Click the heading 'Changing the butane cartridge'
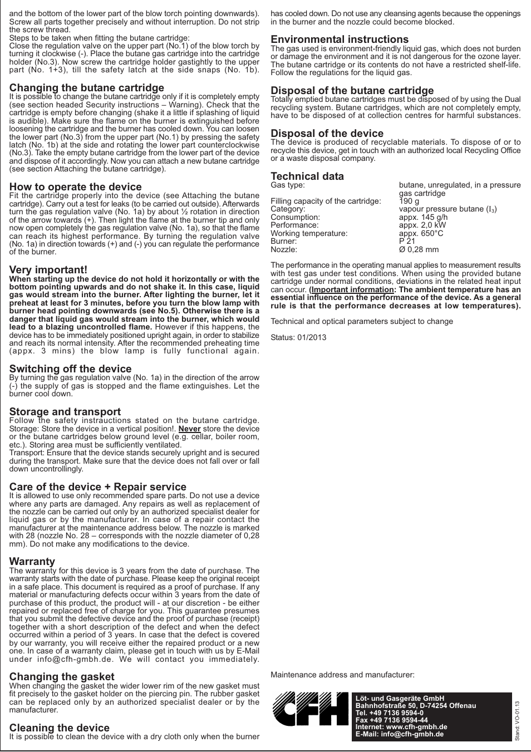click(x=87, y=88)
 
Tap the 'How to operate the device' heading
click(x=76, y=187)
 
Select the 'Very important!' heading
click(x=48, y=270)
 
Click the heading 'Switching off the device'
click(x=71, y=369)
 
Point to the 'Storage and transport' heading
click(x=65, y=412)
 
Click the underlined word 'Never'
click(x=189, y=429)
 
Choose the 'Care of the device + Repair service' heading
click(x=98, y=487)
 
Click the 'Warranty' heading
click(x=32, y=562)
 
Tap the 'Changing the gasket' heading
click(x=62, y=677)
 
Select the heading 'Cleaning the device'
click(x=60, y=728)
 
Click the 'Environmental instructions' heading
click(x=340, y=40)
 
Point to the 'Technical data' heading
click(x=307, y=176)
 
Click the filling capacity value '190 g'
click(x=409, y=201)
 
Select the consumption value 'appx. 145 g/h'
click(x=423, y=218)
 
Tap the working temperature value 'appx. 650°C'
click(x=421, y=234)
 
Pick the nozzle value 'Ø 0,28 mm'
click(x=419, y=250)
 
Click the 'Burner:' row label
click(x=284, y=242)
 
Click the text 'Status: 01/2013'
click(x=298, y=337)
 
